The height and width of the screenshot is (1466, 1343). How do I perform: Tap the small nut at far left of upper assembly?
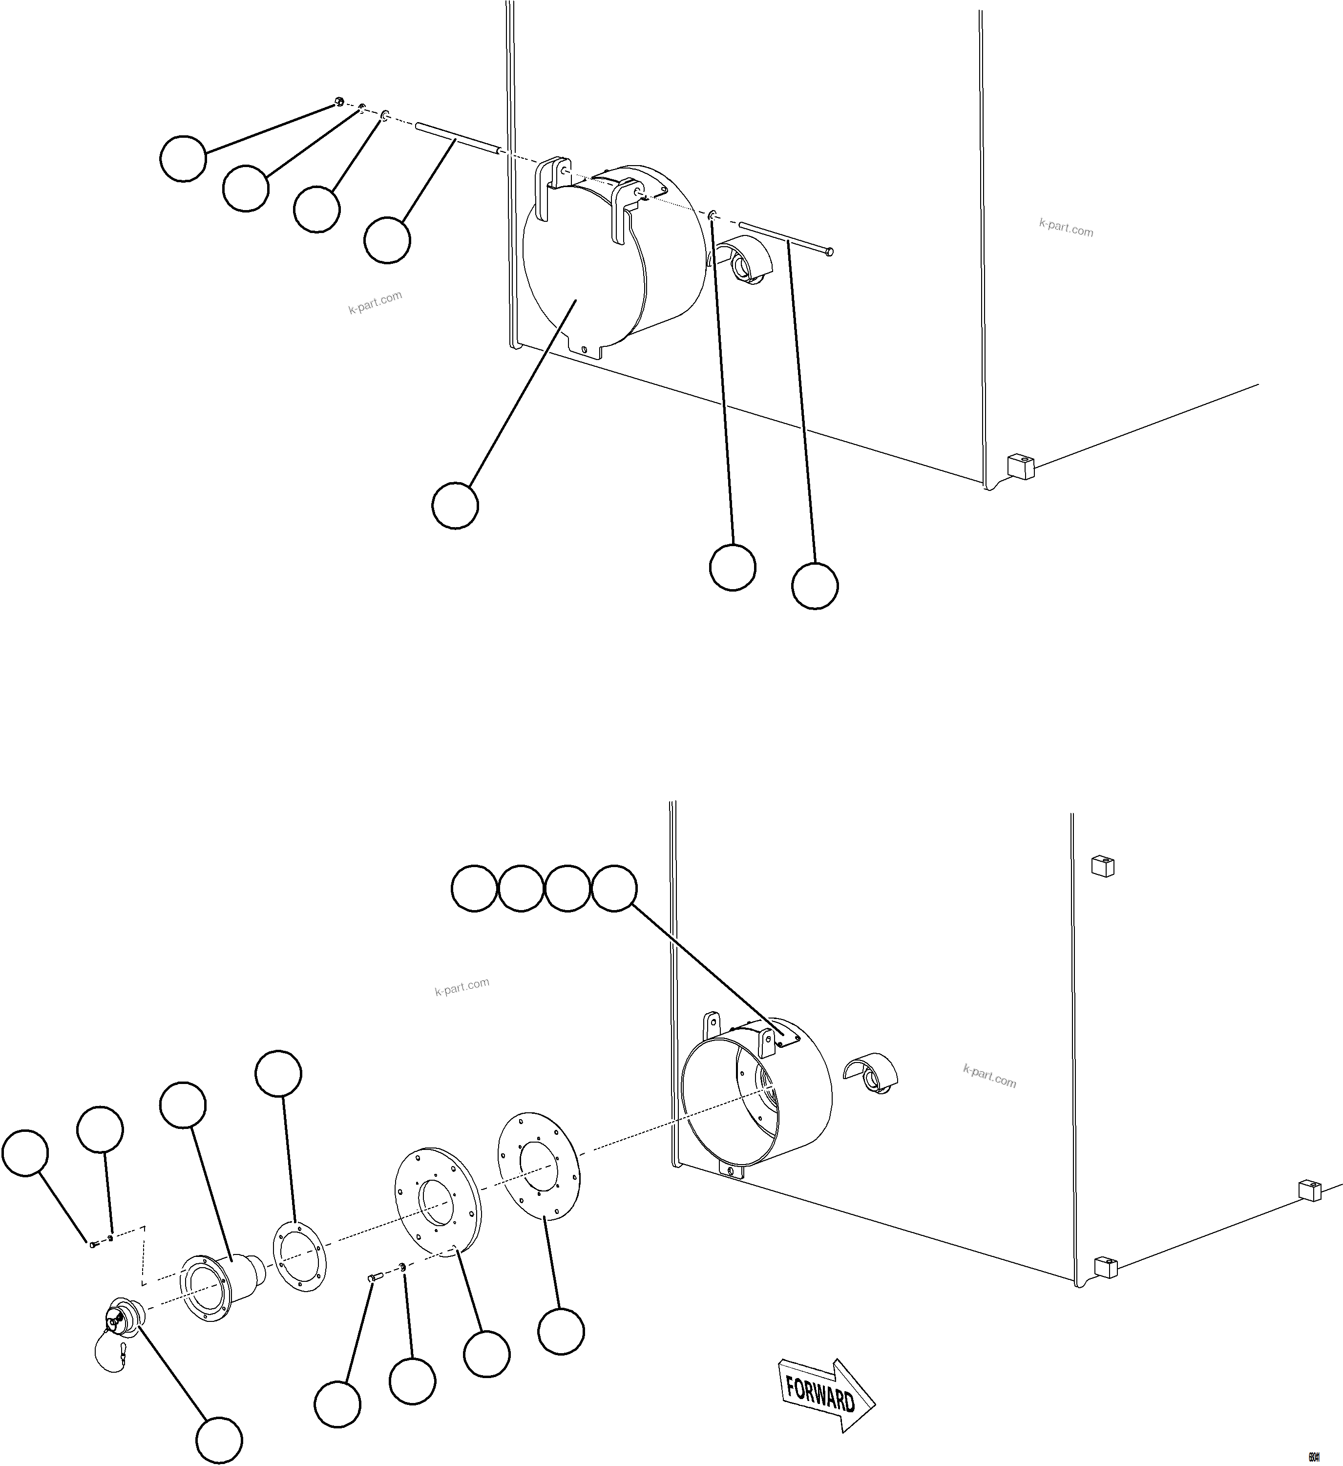tap(339, 102)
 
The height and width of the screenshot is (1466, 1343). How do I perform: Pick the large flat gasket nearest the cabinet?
tap(539, 1164)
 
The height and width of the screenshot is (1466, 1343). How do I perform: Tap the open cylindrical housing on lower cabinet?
tap(756, 1091)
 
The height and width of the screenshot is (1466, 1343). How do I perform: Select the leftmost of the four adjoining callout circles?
tap(474, 888)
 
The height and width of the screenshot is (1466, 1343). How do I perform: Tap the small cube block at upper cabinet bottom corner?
tap(1020, 466)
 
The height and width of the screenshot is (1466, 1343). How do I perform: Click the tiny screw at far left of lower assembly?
tap(93, 1245)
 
